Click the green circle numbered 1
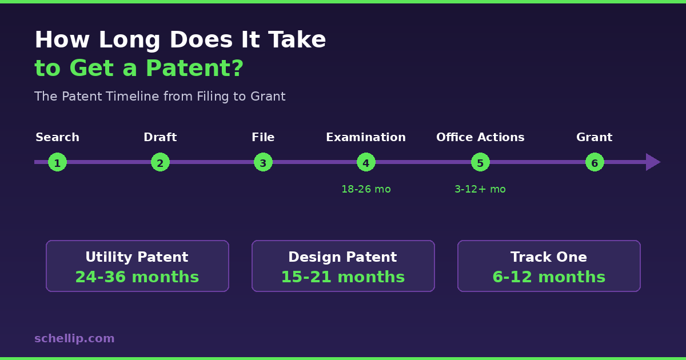pos(57,162)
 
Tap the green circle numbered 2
pos(160,162)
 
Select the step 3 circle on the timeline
pos(263,162)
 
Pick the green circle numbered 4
pos(366,162)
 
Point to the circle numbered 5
pos(480,162)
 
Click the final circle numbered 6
pos(595,162)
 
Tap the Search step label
pos(57,138)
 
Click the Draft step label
pos(160,138)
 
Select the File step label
pos(263,138)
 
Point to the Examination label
pos(366,138)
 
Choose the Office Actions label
pos(480,138)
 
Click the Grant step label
pos(595,138)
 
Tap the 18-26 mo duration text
pos(366,189)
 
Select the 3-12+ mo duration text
pos(480,189)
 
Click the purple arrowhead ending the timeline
pos(652,162)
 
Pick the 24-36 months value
pos(137,277)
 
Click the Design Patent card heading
pos(342,257)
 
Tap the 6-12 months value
pos(549,277)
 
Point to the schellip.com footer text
pos(74,338)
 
